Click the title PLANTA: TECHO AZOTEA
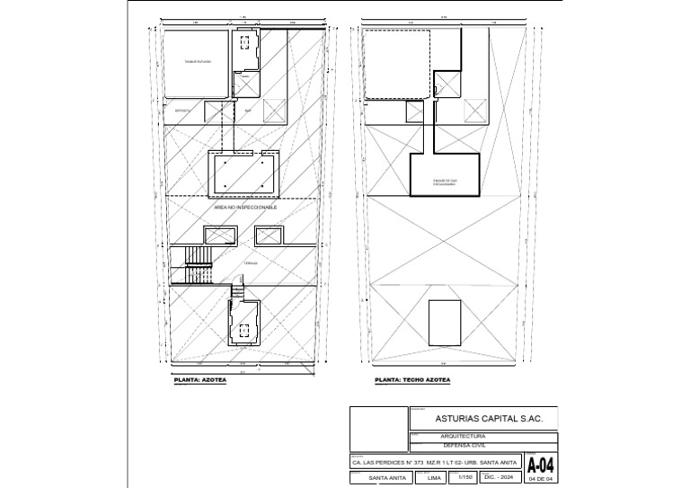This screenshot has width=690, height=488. click(x=412, y=381)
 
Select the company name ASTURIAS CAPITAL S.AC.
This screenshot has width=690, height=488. click(x=482, y=418)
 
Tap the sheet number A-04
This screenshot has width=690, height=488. click(x=539, y=466)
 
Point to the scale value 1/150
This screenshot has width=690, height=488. click(x=464, y=477)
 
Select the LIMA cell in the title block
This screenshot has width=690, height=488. click(x=434, y=477)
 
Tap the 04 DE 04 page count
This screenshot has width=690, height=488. click(x=540, y=479)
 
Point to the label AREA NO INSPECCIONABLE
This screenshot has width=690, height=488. click(x=245, y=207)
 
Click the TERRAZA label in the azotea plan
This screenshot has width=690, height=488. click(x=251, y=263)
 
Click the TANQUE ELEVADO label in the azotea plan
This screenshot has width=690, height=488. click(x=198, y=61)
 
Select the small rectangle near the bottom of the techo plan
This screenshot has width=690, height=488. click(x=443, y=321)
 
